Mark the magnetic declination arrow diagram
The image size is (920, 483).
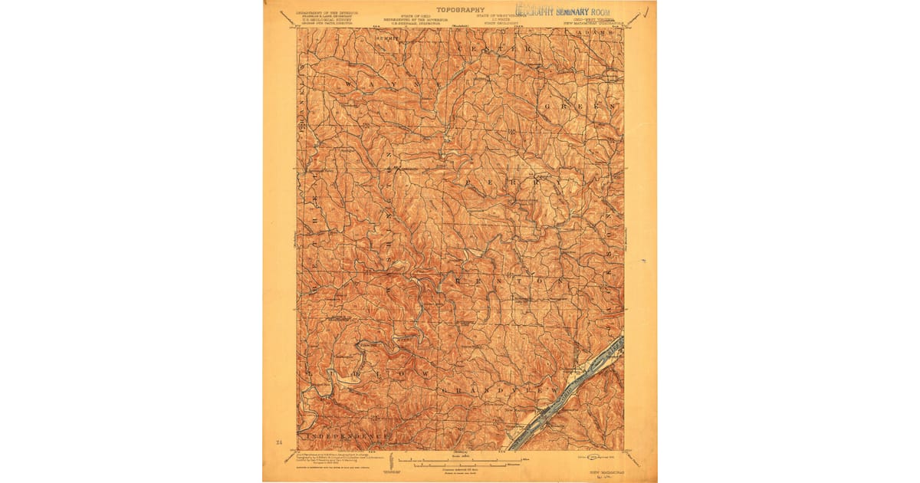point(392,462)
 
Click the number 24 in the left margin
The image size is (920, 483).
point(278,442)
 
